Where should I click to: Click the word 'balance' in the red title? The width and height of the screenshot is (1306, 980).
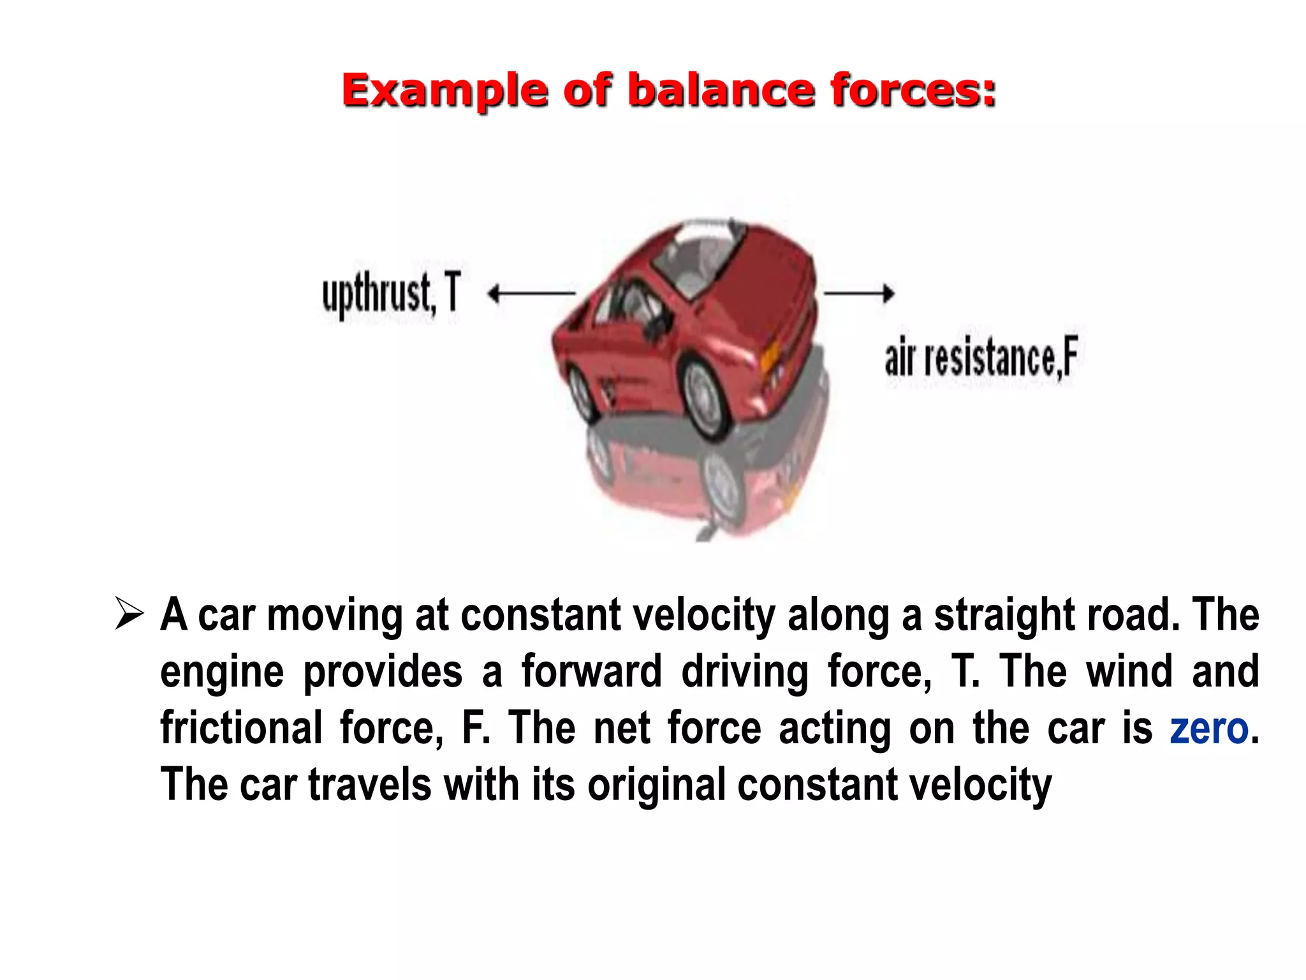(721, 90)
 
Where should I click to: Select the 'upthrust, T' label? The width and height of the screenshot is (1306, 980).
(391, 293)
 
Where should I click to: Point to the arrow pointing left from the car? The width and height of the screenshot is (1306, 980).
(531, 293)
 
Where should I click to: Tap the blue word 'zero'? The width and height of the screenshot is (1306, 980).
(1208, 728)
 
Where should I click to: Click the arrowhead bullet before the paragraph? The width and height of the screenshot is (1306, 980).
(129, 614)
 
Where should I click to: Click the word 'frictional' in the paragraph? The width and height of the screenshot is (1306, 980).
(241, 728)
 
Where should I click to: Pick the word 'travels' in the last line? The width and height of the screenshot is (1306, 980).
(370, 784)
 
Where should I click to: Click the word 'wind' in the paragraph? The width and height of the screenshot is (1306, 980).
(1129, 671)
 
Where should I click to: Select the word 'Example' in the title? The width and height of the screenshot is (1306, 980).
(445, 91)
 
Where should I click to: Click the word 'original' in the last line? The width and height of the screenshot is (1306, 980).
(656, 784)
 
